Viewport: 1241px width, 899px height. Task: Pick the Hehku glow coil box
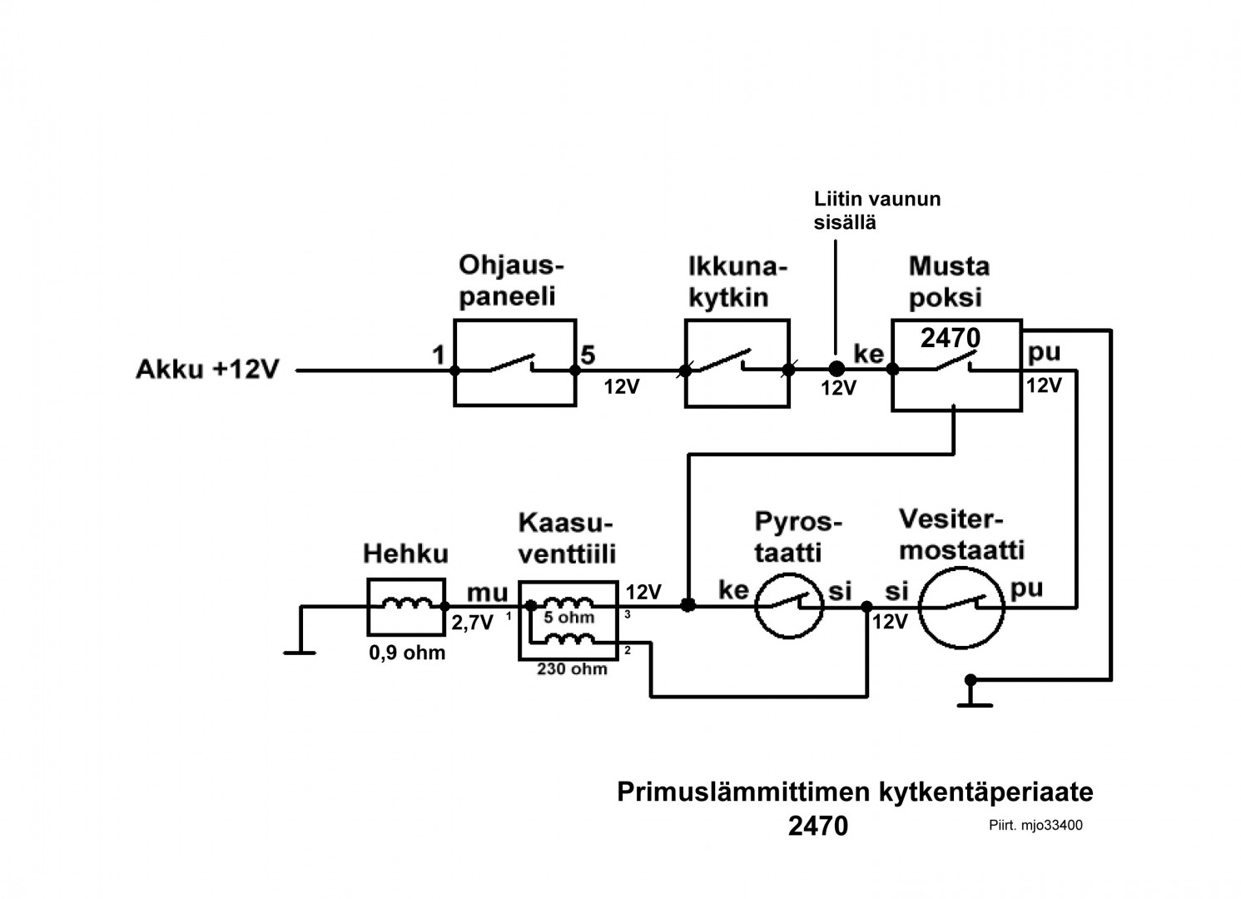[x=406, y=606]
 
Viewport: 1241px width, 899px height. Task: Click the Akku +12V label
[x=206, y=370]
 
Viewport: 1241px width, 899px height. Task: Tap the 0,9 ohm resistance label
[x=407, y=653]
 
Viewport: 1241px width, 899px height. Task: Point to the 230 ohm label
[x=573, y=668]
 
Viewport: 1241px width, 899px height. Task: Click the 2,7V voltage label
[x=473, y=623]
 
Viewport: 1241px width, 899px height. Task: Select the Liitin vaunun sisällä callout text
[x=876, y=211]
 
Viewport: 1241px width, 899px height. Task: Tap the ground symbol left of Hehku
[x=300, y=652]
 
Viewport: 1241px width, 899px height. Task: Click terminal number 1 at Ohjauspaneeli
[x=438, y=355]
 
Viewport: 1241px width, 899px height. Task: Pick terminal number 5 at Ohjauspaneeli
[x=588, y=355]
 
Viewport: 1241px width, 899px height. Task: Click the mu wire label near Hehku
[x=487, y=593]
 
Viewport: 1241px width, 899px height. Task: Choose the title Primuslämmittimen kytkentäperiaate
[x=855, y=792]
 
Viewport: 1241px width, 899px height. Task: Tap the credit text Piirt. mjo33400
[x=1035, y=826]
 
